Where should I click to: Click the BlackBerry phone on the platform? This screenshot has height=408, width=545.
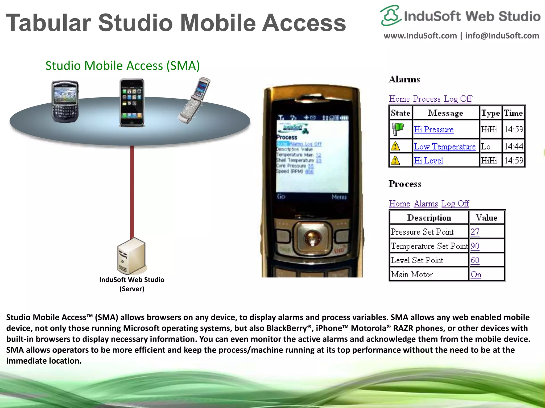coord(65,101)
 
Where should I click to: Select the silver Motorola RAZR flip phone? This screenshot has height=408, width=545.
coord(194,100)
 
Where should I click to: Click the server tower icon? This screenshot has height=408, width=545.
coord(132,256)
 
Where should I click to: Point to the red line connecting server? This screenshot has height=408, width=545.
coord(132,191)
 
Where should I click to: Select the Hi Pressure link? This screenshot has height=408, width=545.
coord(433,129)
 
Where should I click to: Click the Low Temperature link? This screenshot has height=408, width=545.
coord(444,146)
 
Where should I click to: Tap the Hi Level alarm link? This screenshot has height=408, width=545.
coord(428,160)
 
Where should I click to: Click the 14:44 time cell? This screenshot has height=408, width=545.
coord(513,146)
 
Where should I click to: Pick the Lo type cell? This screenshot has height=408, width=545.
coord(486,146)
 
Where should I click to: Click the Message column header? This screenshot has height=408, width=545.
coord(445,113)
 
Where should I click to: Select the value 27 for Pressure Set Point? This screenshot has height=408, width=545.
coord(475,232)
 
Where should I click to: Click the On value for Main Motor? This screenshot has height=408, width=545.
coord(476,274)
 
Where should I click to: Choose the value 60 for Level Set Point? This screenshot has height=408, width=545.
coord(475,260)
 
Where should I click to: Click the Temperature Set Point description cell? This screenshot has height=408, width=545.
coord(429,246)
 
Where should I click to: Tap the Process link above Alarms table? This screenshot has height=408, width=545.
coord(427,99)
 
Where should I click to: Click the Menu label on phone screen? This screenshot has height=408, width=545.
coord(339,197)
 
